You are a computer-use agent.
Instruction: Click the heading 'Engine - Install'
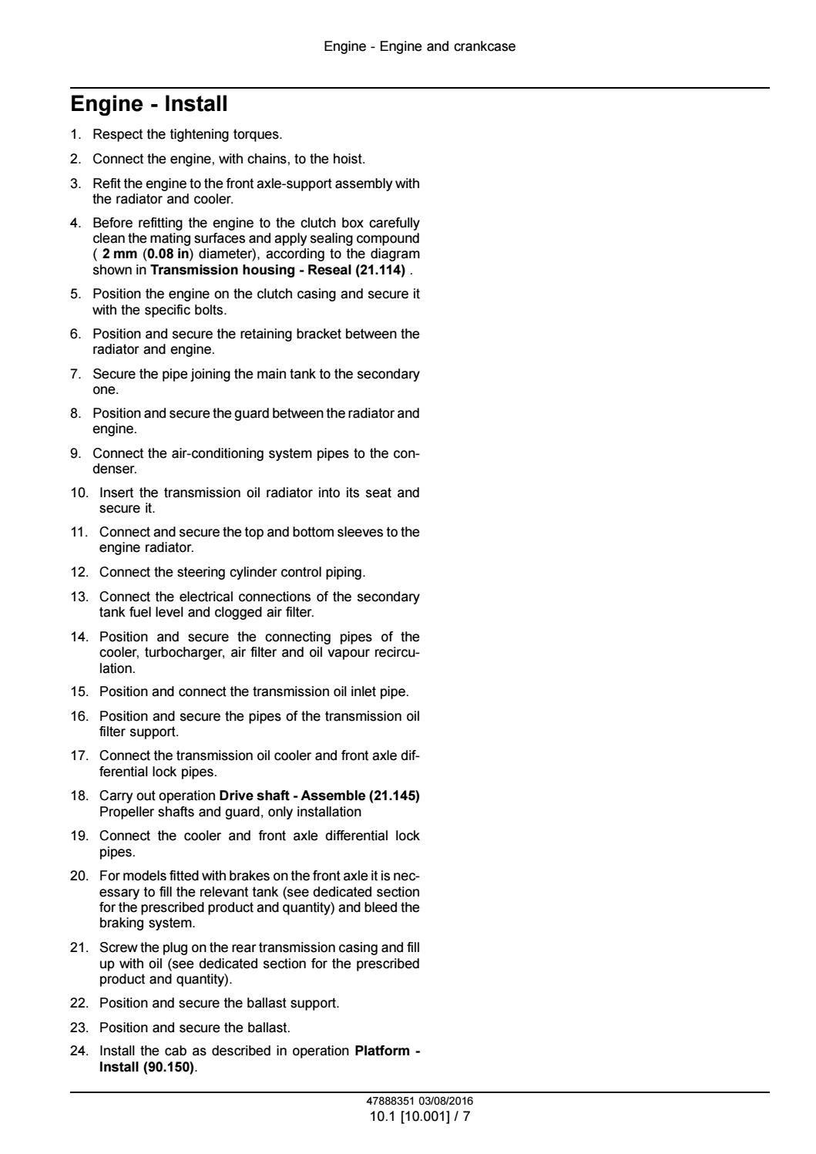(149, 104)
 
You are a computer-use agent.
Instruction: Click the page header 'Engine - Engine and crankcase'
(419, 46)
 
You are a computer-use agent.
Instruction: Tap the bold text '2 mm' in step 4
(119, 254)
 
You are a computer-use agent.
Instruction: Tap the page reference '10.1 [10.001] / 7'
(419, 1115)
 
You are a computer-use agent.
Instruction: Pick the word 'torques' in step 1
(258, 134)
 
